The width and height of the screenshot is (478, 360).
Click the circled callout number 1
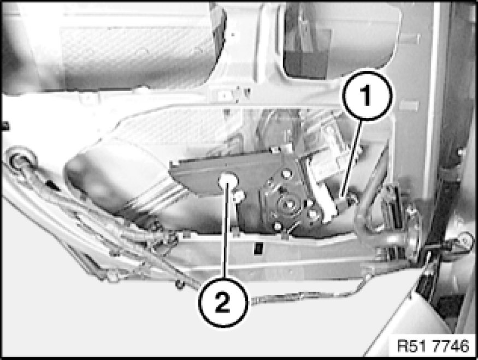(367, 96)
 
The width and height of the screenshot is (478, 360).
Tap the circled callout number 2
(223, 302)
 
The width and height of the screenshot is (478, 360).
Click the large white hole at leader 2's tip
(227, 180)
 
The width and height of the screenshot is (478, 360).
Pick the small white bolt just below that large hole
(239, 196)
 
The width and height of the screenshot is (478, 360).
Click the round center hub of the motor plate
(288, 205)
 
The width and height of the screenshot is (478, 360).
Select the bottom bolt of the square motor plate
(278, 226)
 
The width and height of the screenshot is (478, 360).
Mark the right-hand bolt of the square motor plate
(314, 214)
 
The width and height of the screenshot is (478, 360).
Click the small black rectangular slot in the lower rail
(258, 248)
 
